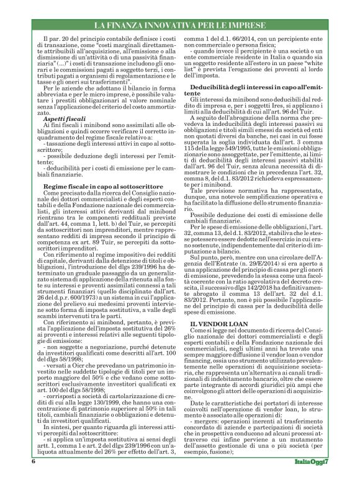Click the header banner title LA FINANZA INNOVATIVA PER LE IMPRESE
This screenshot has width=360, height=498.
[x=180, y=25]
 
